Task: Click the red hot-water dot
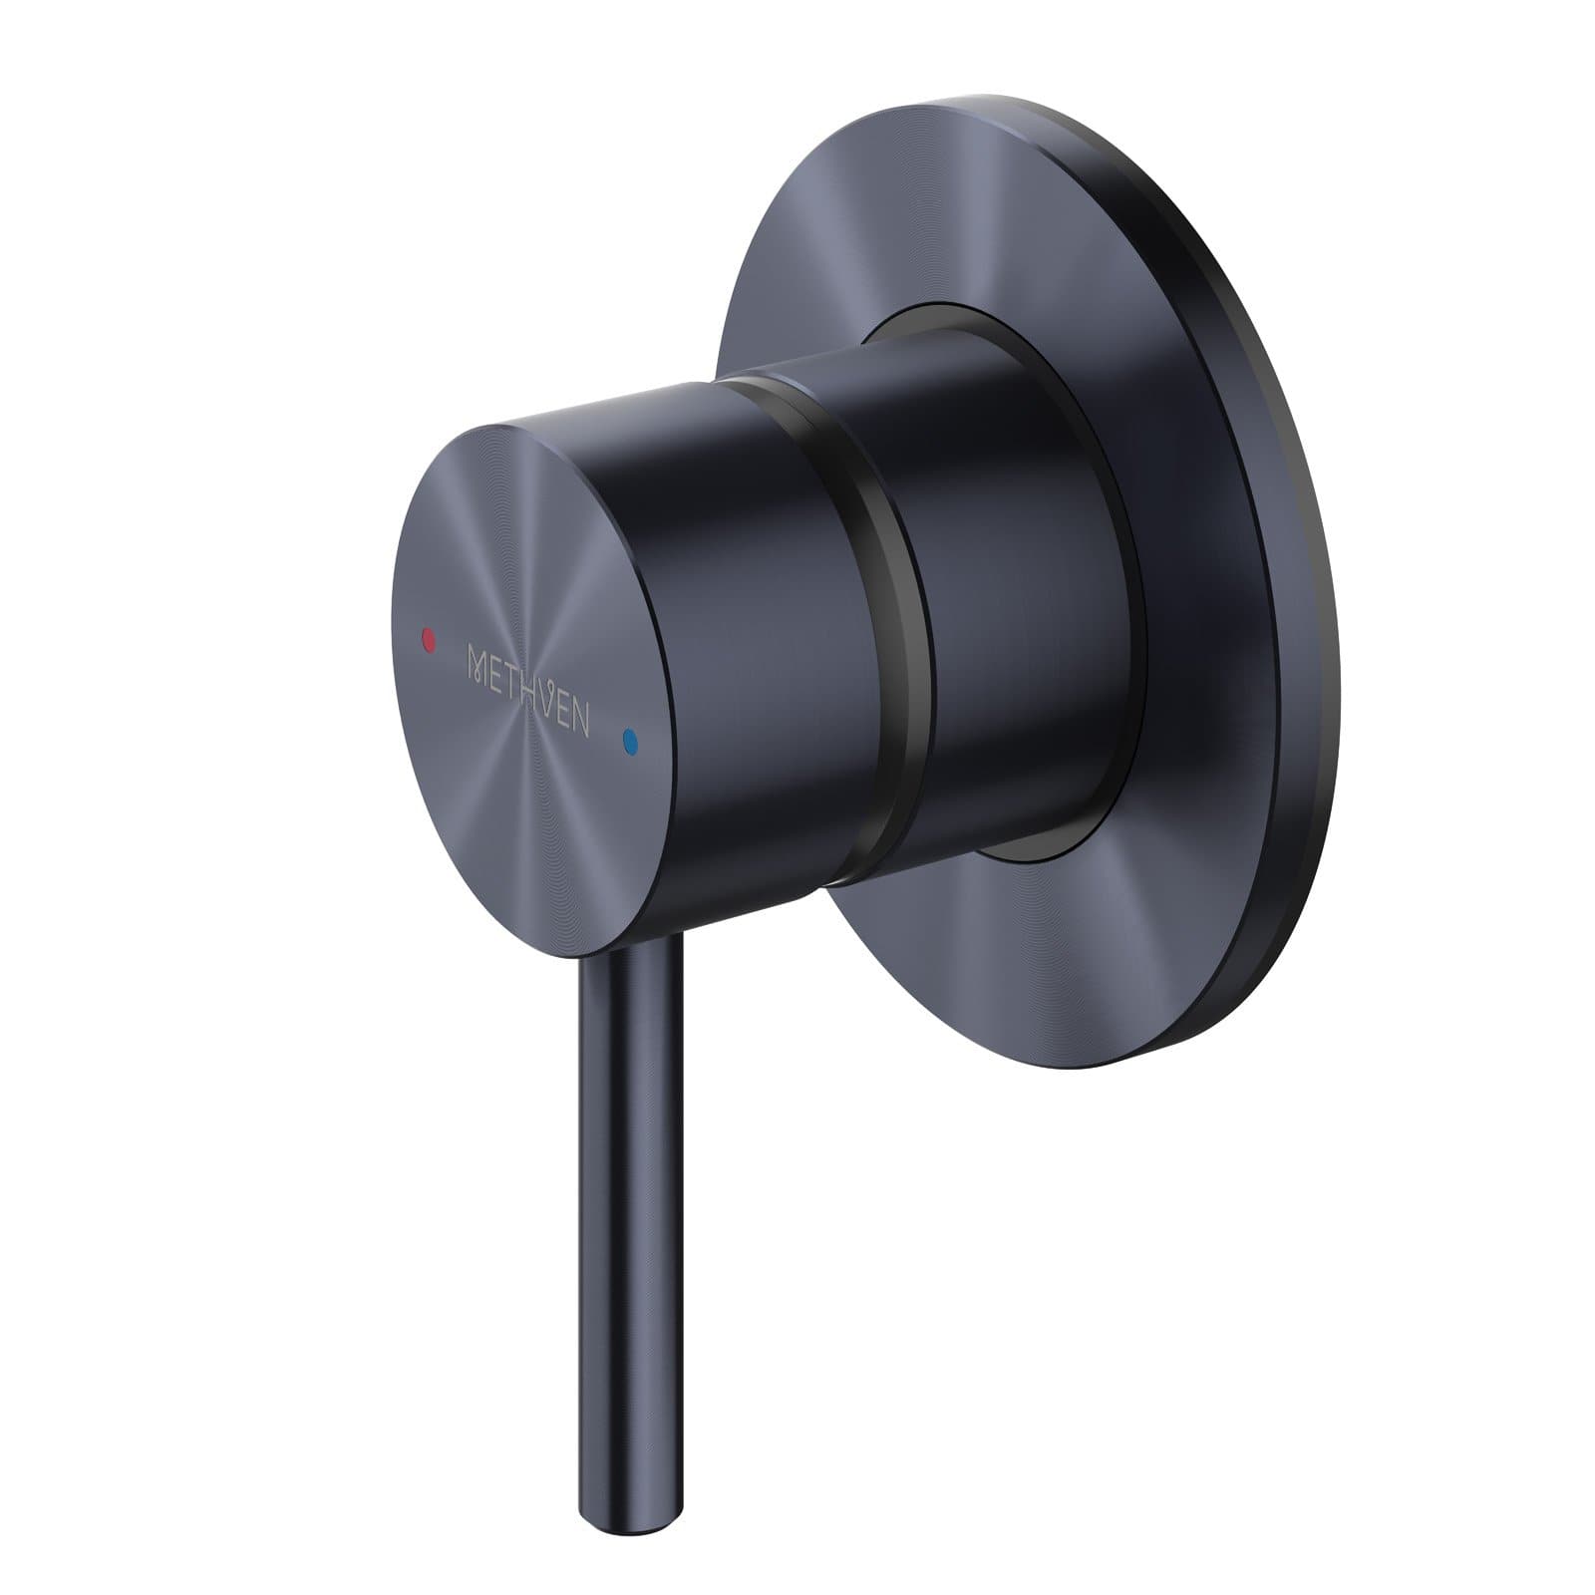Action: [429, 636]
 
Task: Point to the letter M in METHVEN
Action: [479, 662]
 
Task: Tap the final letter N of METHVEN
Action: [581, 720]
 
